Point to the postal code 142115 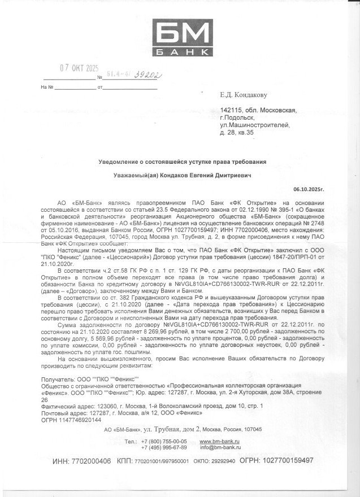pyautogui.click(x=231, y=111)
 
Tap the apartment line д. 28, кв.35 pyautogui.click(x=237, y=133)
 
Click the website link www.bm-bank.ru pyautogui.click(x=220, y=441)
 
